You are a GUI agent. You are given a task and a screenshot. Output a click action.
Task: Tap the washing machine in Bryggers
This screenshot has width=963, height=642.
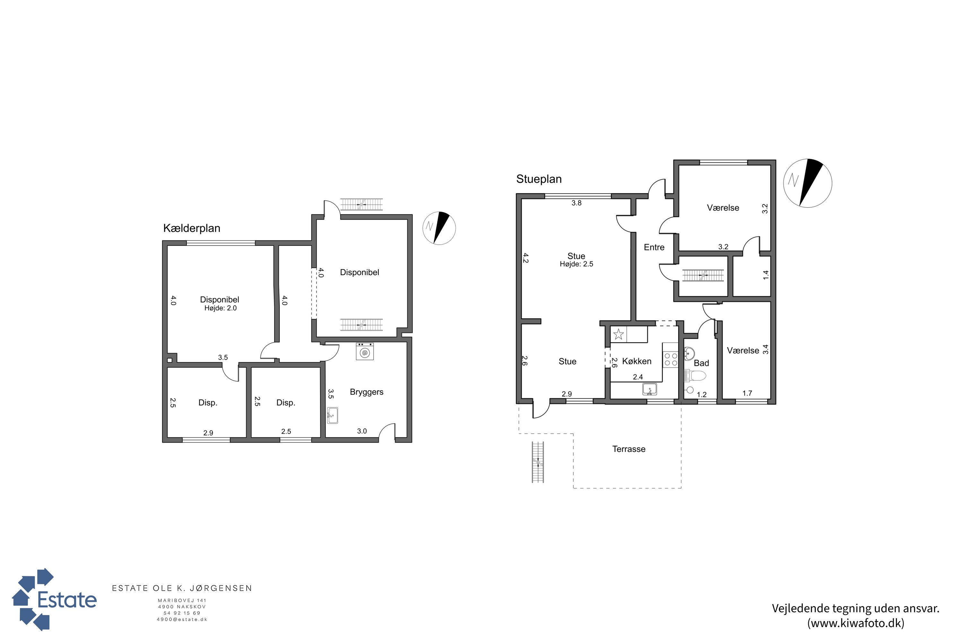[364, 351]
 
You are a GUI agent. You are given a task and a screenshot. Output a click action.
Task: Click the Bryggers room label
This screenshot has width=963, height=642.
[367, 392]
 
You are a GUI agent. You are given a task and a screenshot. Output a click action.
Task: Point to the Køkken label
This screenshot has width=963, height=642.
[637, 361]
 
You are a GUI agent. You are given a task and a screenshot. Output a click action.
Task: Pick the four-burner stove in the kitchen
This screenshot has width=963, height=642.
[671, 359]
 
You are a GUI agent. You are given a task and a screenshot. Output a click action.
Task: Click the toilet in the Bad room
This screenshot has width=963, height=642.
[695, 375]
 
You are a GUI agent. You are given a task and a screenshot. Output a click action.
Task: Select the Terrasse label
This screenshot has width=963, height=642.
[629, 449]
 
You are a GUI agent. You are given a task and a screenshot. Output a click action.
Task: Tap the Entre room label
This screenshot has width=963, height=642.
[654, 247]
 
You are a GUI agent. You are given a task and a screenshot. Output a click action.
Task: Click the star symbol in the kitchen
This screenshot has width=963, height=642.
[619, 334]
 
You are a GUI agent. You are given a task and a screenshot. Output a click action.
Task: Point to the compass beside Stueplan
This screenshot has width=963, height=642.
[807, 183]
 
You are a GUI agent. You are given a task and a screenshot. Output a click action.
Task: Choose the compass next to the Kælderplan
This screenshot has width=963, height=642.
[439, 228]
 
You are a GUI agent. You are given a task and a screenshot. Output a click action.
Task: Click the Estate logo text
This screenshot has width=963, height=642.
[67, 600]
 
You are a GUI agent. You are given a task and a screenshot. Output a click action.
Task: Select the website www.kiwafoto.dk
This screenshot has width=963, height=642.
[856, 623]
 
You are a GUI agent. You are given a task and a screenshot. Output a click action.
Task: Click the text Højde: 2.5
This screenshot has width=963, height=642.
[577, 264]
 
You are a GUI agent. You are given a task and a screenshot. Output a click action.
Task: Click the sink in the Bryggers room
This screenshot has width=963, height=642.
[333, 416]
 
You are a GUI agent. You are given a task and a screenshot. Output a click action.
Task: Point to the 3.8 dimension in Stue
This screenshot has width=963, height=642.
[577, 203]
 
